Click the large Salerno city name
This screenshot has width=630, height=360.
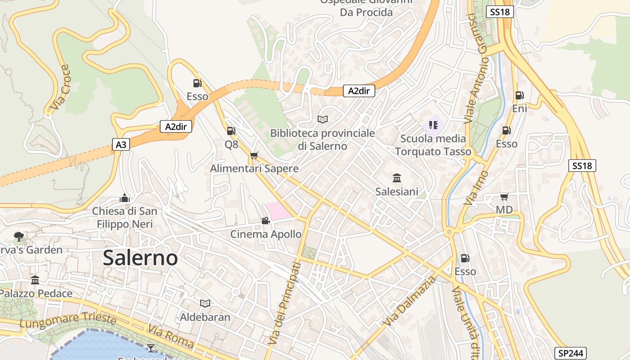tap(140, 258)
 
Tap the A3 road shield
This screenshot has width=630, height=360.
tap(121, 144)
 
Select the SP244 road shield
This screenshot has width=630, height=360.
tap(571, 353)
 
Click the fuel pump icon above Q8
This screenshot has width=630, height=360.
tap(231, 131)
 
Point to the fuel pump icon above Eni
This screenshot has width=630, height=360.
tap(519, 95)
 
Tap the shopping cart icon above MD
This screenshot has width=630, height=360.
tap(504, 197)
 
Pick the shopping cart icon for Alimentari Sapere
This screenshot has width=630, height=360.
tap(254, 156)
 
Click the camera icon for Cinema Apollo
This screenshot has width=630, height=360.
tap(265, 220)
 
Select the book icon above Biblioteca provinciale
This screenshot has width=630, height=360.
tap(322, 119)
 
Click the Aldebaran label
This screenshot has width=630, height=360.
tap(205, 317)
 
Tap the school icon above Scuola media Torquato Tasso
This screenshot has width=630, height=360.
tap(433, 125)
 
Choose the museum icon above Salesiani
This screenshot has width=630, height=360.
tap(397, 178)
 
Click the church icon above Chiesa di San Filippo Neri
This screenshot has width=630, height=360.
tap(125, 198)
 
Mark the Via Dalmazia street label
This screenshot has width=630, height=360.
tap(410, 302)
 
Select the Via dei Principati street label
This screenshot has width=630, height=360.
tap(284, 304)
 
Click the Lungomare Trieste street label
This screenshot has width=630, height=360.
tap(68, 320)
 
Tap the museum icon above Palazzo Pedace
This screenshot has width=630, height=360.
tap(35, 280)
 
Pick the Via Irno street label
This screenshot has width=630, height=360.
tap(476, 188)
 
